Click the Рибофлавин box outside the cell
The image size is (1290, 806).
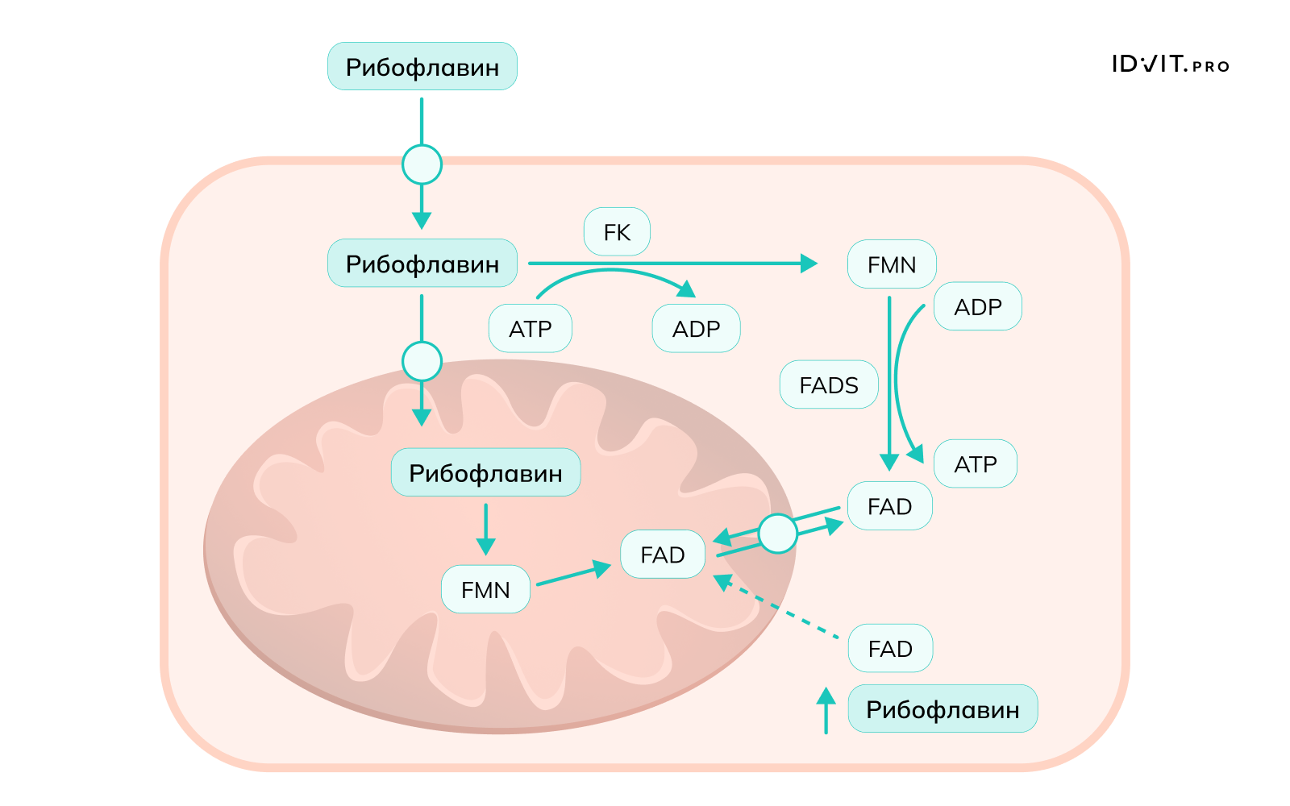point(422,67)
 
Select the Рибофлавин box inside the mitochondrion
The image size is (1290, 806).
point(485,472)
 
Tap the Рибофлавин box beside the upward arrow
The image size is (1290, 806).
point(943,709)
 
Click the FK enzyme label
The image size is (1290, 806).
point(617,232)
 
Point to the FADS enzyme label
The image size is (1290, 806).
point(828,385)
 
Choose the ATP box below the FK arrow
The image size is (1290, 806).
point(530,329)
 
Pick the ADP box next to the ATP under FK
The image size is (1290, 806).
point(696,329)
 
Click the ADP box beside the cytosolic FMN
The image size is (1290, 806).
point(977,307)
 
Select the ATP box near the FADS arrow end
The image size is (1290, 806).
point(975,464)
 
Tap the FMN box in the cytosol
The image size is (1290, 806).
point(891,264)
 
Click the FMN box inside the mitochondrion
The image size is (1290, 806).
point(485,590)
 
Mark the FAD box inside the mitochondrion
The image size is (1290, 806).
point(662,555)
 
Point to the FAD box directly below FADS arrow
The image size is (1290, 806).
point(889,506)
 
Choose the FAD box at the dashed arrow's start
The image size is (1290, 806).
point(890,649)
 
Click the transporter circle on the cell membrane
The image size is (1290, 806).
point(422,165)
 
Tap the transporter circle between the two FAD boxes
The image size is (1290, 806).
point(778,534)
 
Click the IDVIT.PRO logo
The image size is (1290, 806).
point(1170,64)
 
